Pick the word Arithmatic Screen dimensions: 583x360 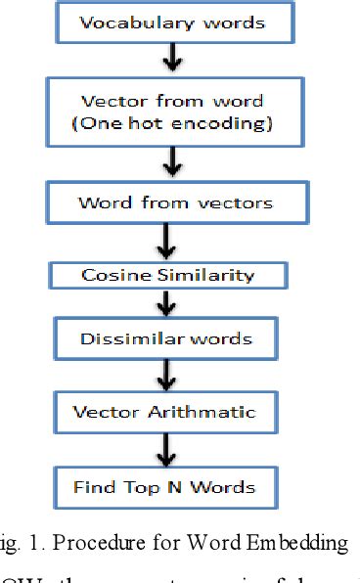tap(211, 412)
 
